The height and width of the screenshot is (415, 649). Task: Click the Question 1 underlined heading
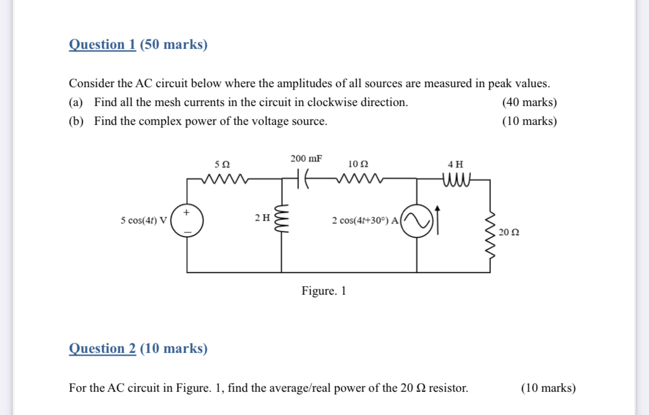(102, 44)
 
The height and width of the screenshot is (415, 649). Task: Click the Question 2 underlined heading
(102, 348)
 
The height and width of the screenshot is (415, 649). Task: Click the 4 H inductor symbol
(457, 179)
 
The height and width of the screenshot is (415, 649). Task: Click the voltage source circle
(187, 221)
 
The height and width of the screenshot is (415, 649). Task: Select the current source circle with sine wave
(417, 221)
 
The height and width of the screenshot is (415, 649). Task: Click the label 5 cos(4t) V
(144, 221)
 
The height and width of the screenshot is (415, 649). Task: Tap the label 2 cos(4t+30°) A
(365, 221)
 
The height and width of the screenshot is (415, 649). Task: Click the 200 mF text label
(306, 159)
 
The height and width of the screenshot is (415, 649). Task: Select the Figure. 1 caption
(324, 291)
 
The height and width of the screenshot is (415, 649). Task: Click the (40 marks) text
(529, 102)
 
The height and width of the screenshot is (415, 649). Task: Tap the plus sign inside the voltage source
(187, 212)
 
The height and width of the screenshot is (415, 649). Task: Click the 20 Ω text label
(509, 232)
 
